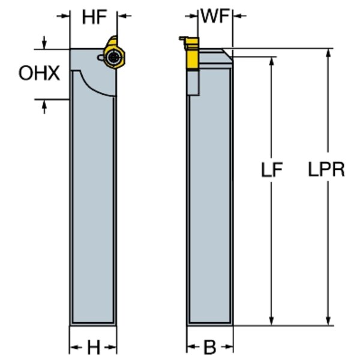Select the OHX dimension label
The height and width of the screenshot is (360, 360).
(39, 74)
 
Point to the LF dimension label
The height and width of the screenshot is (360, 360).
(272, 170)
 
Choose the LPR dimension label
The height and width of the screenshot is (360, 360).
(326, 170)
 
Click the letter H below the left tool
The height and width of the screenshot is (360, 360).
(94, 347)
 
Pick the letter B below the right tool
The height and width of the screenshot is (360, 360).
(209, 347)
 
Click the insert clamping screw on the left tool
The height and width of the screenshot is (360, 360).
(115, 57)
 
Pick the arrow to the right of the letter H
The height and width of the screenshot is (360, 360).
(112, 347)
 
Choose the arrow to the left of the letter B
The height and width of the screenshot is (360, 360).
(191, 347)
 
